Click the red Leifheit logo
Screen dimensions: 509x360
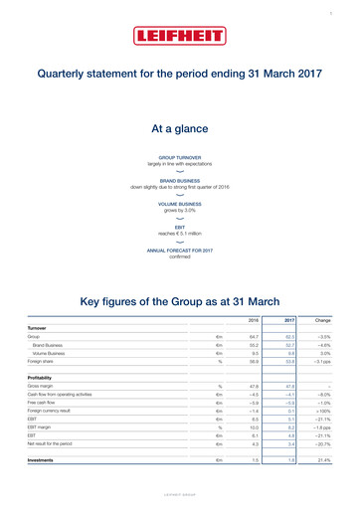(179, 37)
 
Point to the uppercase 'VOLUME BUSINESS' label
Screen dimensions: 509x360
(179, 204)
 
